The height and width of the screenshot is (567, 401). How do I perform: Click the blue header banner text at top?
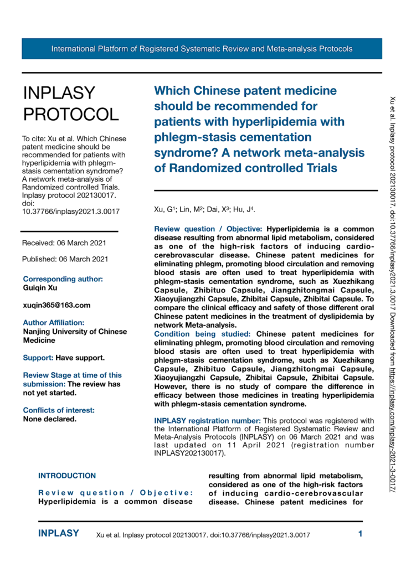[202, 49]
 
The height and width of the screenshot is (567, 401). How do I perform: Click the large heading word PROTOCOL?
[70, 114]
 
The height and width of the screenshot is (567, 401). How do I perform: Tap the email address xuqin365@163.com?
[56, 305]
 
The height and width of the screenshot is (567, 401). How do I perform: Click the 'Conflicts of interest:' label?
[59, 395]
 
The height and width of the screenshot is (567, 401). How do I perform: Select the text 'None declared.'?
[49, 404]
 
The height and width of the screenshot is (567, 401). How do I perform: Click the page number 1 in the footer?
[360, 534]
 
